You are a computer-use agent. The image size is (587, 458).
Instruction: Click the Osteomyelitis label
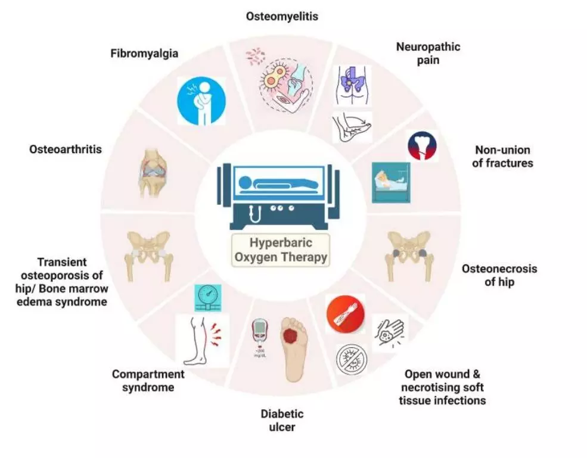(282, 17)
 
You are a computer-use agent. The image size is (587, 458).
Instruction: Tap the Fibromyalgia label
(144, 54)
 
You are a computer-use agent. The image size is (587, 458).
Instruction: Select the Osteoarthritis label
(66, 149)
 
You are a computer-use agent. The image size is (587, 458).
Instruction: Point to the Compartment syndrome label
(148, 381)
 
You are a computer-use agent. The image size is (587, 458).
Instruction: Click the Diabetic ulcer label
(282, 420)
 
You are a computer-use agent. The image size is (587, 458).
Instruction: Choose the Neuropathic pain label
(428, 54)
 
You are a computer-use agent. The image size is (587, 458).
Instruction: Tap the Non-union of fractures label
(502, 156)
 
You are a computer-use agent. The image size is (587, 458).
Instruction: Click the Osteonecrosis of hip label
(499, 275)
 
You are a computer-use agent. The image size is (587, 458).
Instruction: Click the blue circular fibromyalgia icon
(201, 101)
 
